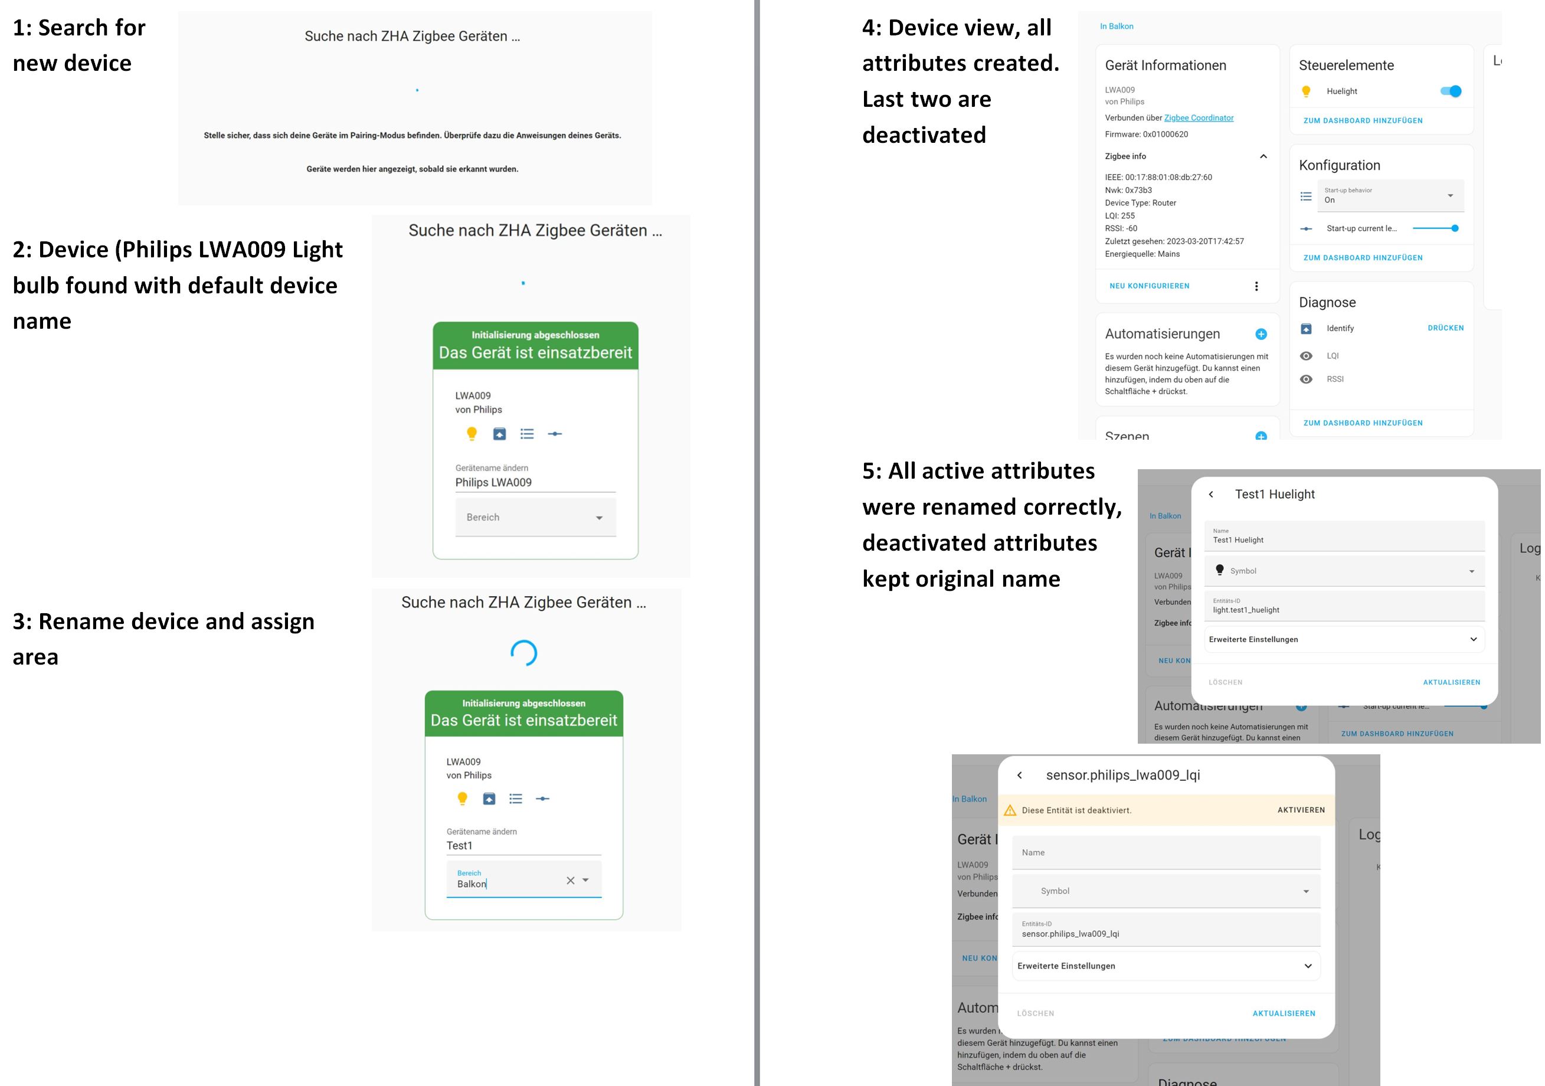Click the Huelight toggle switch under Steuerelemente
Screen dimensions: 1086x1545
pyautogui.click(x=1450, y=91)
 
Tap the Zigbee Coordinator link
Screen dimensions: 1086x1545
pyautogui.click(x=1199, y=118)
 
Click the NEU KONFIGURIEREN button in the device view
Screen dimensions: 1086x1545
pyautogui.click(x=1150, y=286)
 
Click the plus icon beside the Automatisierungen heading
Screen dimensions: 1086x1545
pyautogui.click(x=1261, y=335)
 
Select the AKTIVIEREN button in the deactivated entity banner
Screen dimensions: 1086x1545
pyautogui.click(x=1301, y=810)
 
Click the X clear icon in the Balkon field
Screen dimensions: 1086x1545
pyautogui.click(x=571, y=881)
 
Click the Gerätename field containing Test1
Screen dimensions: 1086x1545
pyautogui.click(x=523, y=846)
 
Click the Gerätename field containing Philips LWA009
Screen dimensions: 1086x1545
pyautogui.click(x=535, y=482)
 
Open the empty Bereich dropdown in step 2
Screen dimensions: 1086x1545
pyautogui.click(x=535, y=518)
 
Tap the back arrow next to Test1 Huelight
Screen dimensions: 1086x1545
pyautogui.click(x=1211, y=495)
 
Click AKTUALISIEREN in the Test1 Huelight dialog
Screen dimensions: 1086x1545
pyautogui.click(x=1452, y=682)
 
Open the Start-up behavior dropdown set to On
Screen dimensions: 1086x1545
pyautogui.click(x=1390, y=196)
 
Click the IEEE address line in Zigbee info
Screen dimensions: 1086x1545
pyautogui.click(x=1158, y=178)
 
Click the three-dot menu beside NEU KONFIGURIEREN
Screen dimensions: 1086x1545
pyautogui.click(x=1256, y=287)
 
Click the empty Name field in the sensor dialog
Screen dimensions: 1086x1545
pyautogui.click(x=1166, y=852)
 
